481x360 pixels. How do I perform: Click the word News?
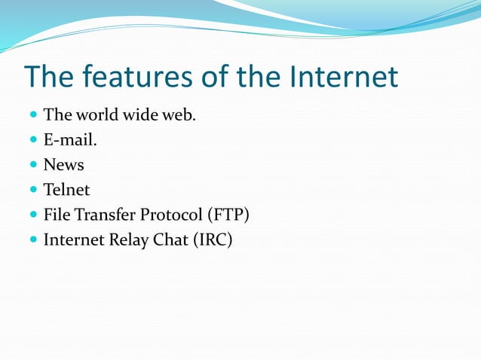[63, 164]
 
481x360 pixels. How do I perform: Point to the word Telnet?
[66, 190]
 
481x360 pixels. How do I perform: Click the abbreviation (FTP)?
[228, 215]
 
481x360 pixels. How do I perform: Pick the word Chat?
[170, 241]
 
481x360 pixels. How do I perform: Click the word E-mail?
[70, 139]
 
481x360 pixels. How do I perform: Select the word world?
[96, 114]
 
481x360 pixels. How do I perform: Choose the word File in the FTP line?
[56, 215]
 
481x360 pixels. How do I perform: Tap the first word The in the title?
[51, 76]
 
